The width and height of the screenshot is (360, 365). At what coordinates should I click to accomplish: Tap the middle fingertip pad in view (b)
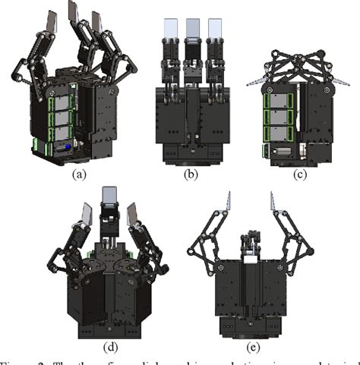(192, 29)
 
